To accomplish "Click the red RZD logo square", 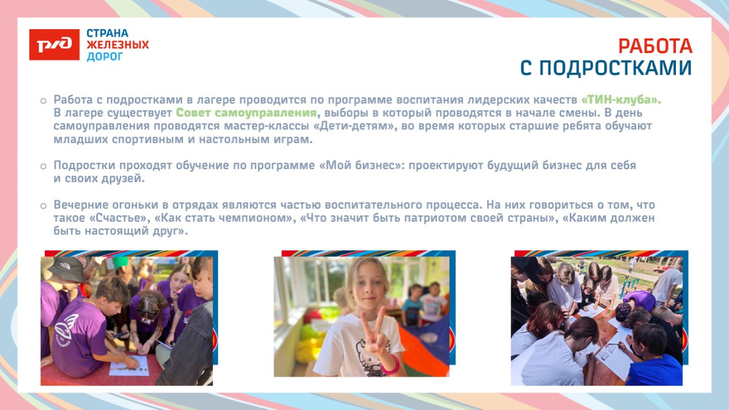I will tap(54, 45).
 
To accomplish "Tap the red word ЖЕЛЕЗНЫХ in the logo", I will tap(118, 45).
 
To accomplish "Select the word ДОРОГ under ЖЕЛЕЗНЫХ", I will tap(105, 57).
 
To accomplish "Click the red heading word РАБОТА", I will tap(655, 47).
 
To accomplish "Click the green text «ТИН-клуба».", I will tap(621, 100).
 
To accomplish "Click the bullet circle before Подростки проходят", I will tap(43, 166).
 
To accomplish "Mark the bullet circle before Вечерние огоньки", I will tap(43, 206).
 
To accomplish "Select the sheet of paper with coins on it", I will tap(128, 365).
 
